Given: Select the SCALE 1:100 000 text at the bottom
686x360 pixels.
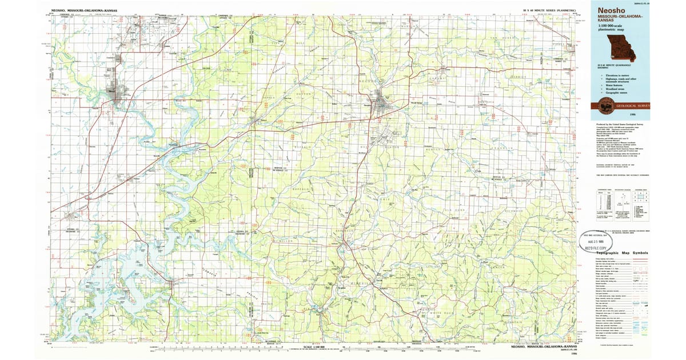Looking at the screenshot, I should (x=314, y=346).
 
